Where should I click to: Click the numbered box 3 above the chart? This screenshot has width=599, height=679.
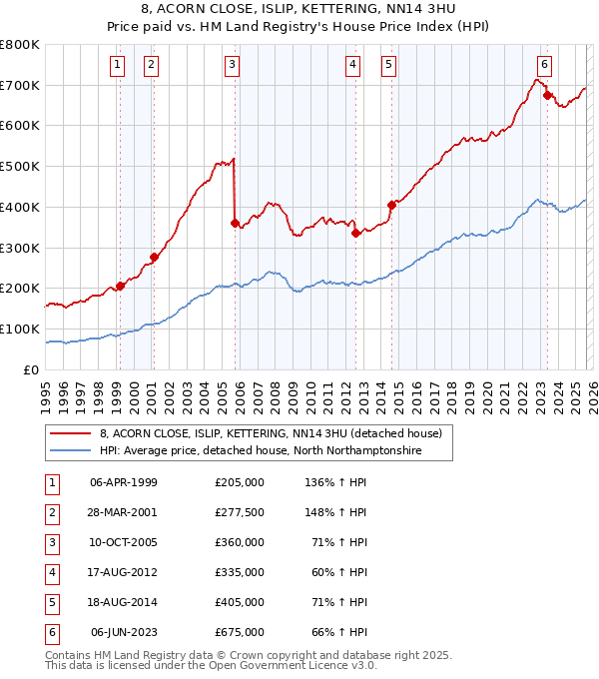[232, 66]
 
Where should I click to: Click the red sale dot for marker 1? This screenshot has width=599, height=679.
[120, 286]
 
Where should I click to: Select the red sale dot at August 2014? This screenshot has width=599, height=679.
[391, 205]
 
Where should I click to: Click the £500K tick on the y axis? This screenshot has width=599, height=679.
[20, 166]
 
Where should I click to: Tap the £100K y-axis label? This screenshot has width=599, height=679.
[20, 329]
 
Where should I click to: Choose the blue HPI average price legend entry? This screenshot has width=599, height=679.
[261, 451]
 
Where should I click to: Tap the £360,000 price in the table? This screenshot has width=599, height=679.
[240, 542]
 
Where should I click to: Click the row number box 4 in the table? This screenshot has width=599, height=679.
[50, 572]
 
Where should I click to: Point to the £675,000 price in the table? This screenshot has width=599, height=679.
[240, 632]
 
